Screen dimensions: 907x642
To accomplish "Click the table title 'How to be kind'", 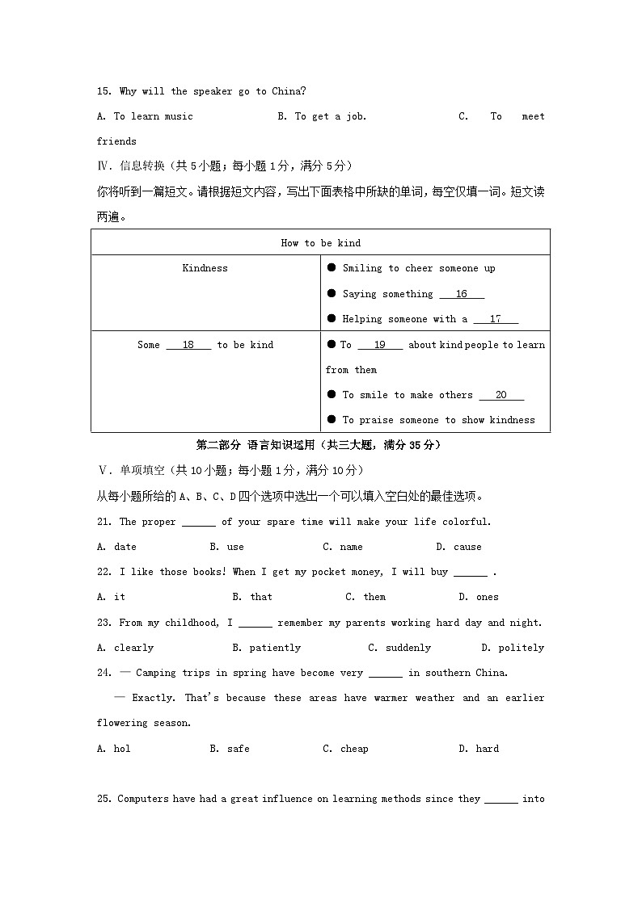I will coord(320,243).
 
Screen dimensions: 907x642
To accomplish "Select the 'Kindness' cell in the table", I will coord(205,268).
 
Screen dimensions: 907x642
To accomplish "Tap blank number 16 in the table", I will coord(462,295).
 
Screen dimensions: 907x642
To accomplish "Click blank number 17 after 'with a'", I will coord(496,320).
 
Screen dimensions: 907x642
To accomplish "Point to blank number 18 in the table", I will coord(188,345).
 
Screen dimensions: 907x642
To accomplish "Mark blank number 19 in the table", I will coord(379,345).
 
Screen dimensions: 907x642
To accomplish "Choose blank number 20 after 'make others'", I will coord(501,395).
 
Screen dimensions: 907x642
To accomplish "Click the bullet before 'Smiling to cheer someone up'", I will coord(332,268).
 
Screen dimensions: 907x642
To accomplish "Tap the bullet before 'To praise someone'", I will coord(332,420).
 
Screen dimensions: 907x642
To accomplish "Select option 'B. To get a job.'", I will coord(322,116).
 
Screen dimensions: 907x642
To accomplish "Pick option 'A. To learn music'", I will coord(145,116).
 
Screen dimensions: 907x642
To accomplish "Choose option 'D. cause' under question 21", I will coord(458,547).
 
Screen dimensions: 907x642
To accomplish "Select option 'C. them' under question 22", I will coord(365,597).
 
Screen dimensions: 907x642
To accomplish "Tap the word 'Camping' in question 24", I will coord(156,673).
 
